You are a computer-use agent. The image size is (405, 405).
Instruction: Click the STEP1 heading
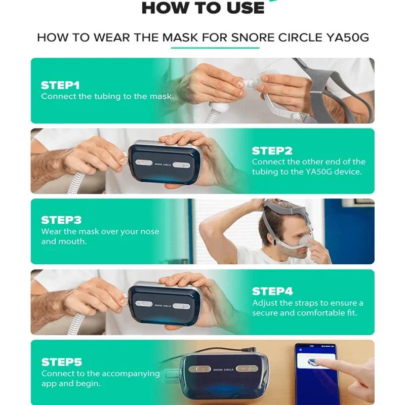60,85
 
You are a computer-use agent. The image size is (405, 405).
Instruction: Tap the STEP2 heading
272,150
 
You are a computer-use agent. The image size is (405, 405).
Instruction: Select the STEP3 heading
61,220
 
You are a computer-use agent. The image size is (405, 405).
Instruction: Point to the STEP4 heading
272,291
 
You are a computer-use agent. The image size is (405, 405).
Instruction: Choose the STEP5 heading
61,362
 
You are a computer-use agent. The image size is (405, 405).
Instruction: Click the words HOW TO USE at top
202,8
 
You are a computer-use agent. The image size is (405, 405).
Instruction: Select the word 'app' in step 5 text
49,384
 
